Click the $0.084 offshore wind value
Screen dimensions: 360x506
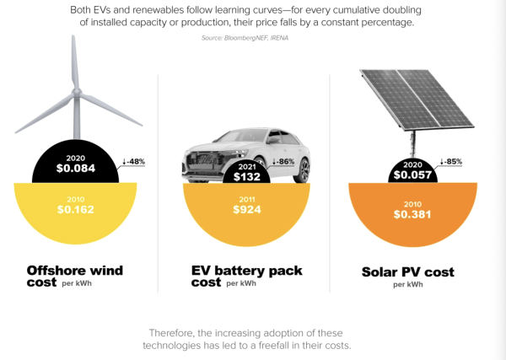pyautogui.click(x=77, y=168)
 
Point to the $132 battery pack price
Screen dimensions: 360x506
pyautogui.click(x=249, y=176)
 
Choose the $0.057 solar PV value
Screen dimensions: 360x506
pyautogui.click(x=413, y=175)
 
